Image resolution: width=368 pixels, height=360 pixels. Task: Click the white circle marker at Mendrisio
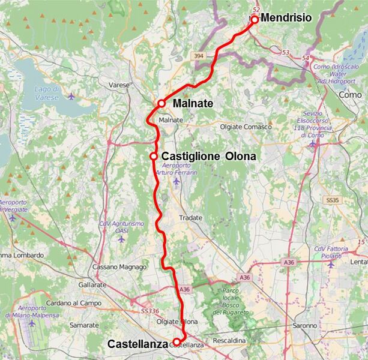(254, 19)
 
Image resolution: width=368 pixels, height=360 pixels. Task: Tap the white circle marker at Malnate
(161, 103)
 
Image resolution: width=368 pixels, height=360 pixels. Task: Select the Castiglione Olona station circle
(154, 156)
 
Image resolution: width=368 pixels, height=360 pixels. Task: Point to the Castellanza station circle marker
(176, 341)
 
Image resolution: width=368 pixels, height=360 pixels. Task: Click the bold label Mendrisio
(286, 18)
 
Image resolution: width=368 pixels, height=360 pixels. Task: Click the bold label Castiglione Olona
(209, 156)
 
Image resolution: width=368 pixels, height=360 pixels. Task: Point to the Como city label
(350, 95)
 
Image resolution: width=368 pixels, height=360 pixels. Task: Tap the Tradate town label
(191, 218)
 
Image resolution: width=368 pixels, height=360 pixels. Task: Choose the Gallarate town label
(92, 284)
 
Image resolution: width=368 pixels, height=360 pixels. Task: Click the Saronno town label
(306, 326)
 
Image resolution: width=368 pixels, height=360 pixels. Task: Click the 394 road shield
(199, 56)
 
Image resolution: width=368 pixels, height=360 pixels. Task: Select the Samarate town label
(84, 325)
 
